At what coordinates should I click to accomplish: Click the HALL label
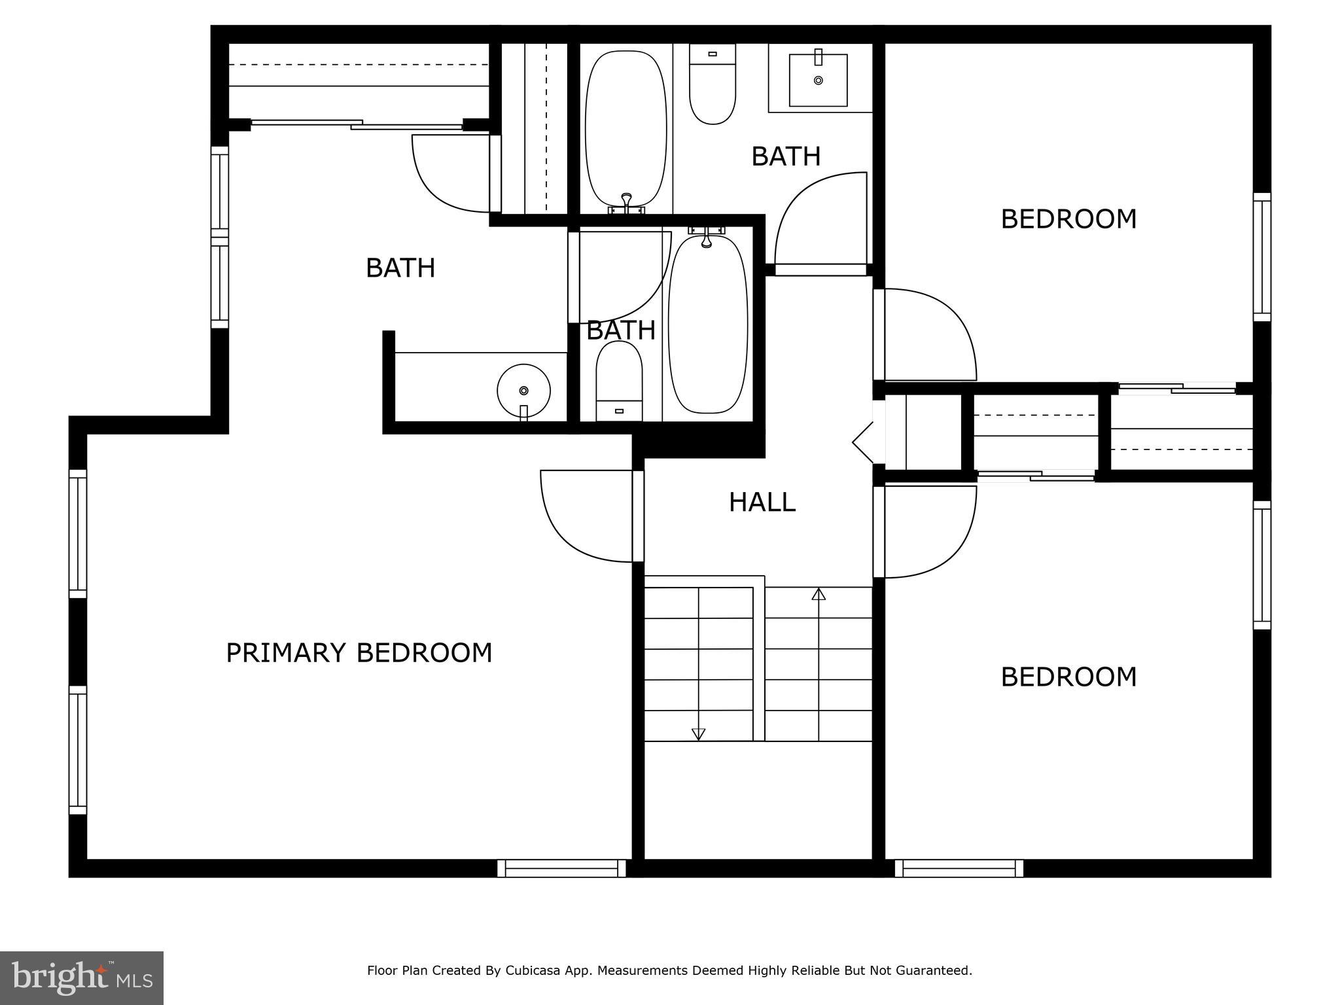pyautogui.click(x=762, y=502)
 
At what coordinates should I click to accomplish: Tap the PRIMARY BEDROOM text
pyautogui.click(x=359, y=653)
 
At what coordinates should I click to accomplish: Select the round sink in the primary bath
pyautogui.click(x=523, y=391)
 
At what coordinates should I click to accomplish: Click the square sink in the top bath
pyautogui.click(x=818, y=80)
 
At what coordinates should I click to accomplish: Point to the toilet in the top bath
pyautogui.click(x=713, y=85)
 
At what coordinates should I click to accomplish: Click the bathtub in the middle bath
pyautogui.click(x=708, y=324)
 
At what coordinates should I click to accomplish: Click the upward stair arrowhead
pyautogui.click(x=819, y=594)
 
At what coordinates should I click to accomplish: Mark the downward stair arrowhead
pyautogui.click(x=698, y=734)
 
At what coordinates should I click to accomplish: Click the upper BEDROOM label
pyautogui.click(x=1068, y=219)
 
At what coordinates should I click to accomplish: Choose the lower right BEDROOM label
pyautogui.click(x=1068, y=677)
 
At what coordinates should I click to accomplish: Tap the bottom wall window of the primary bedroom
pyautogui.click(x=561, y=868)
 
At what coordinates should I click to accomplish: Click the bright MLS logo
pyautogui.click(x=82, y=978)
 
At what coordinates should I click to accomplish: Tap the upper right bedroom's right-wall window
pyautogui.click(x=1262, y=257)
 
